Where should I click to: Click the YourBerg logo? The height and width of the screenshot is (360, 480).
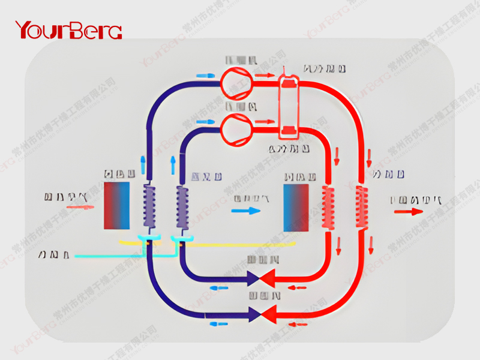(68, 29)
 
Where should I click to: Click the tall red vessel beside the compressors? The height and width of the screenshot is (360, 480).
(292, 103)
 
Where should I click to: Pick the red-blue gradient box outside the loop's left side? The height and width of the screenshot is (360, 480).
(118, 206)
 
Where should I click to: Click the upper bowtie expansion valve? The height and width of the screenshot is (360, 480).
(260, 278)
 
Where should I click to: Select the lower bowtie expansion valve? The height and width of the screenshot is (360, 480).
(260, 313)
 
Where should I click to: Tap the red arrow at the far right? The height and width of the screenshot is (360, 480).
(407, 211)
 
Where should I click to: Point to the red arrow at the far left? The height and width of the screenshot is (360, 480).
(80, 208)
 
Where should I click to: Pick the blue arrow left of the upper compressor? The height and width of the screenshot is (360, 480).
(205, 76)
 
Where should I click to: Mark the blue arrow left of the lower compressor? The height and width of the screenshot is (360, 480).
(206, 121)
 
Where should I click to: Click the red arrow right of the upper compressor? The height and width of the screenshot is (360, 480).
(265, 76)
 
